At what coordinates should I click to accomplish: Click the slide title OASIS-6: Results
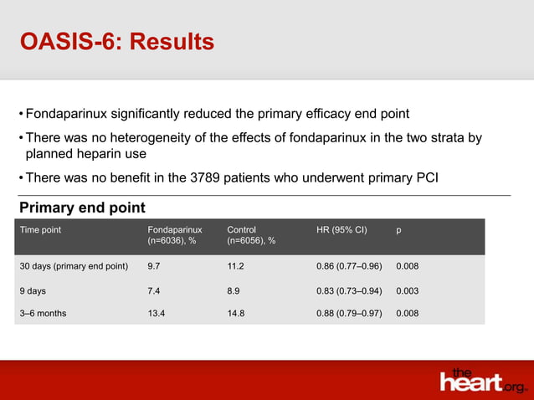click(117, 41)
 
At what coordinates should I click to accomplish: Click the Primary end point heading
click(82, 208)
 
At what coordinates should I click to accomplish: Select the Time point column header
click(41, 228)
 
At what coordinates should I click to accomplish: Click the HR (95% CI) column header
click(334, 228)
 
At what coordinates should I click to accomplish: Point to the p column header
click(398, 228)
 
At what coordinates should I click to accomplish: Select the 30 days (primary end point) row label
click(74, 267)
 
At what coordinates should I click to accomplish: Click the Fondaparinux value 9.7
click(154, 267)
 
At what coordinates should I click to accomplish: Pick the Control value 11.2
click(237, 267)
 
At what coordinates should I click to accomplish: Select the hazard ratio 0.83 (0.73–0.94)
click(344, 290)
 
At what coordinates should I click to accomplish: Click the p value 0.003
click(408, 290)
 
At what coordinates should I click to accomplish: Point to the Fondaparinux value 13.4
click(157, 314)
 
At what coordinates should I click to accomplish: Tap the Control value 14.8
click(237, 314)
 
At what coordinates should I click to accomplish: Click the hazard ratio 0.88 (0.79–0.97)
click(344, 314)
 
